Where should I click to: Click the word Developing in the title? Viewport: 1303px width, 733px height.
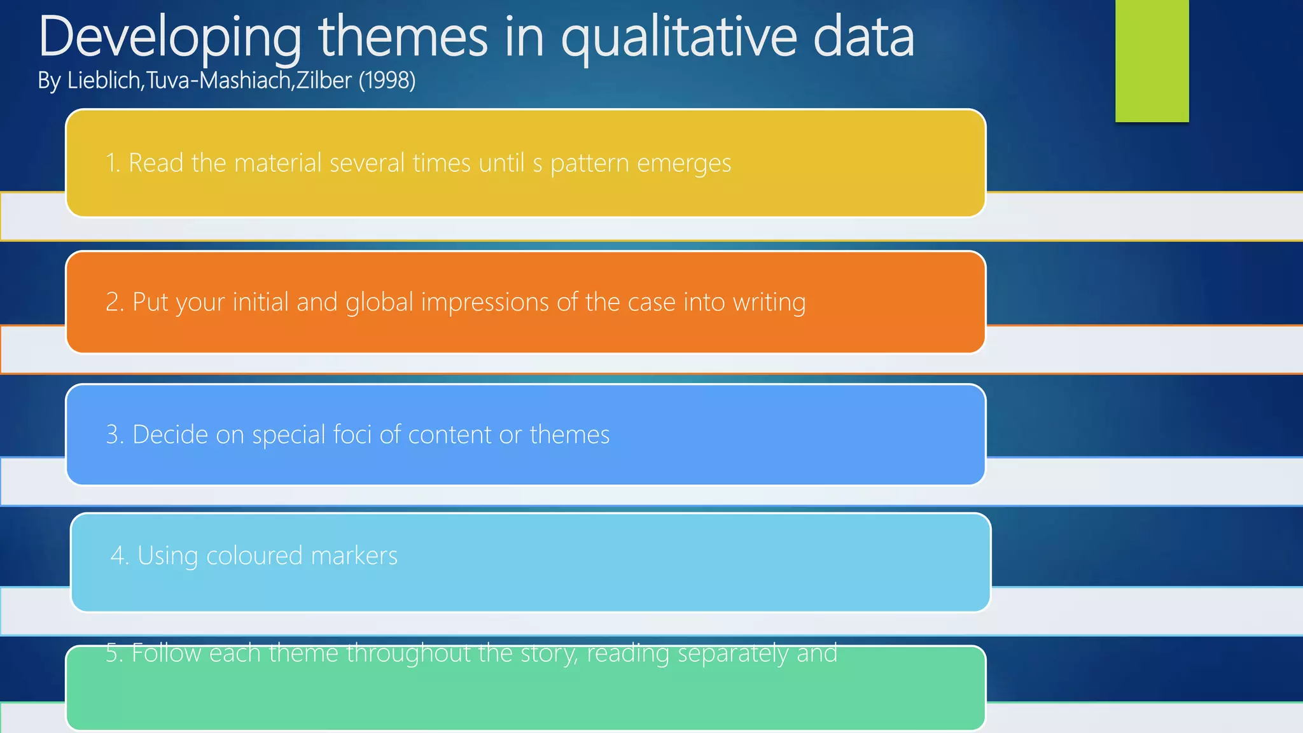pyautogui.click(x=169, y=37)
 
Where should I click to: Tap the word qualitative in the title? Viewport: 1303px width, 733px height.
pyautogui.click(x=678, y=37)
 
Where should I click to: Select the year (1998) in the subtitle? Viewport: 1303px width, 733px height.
pyautogui.click(x=387, y=81)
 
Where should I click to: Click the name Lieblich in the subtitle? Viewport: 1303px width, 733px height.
pyautogui.click(x=105, y=81)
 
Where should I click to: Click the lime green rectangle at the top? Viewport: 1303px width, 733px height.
pyautogui.click(x=1152, y=60)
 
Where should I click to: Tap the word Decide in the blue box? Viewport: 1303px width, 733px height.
pyautogui.click(x=170, y=435)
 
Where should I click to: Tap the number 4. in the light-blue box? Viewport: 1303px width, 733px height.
pyautogui.click(x=120, y=555)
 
